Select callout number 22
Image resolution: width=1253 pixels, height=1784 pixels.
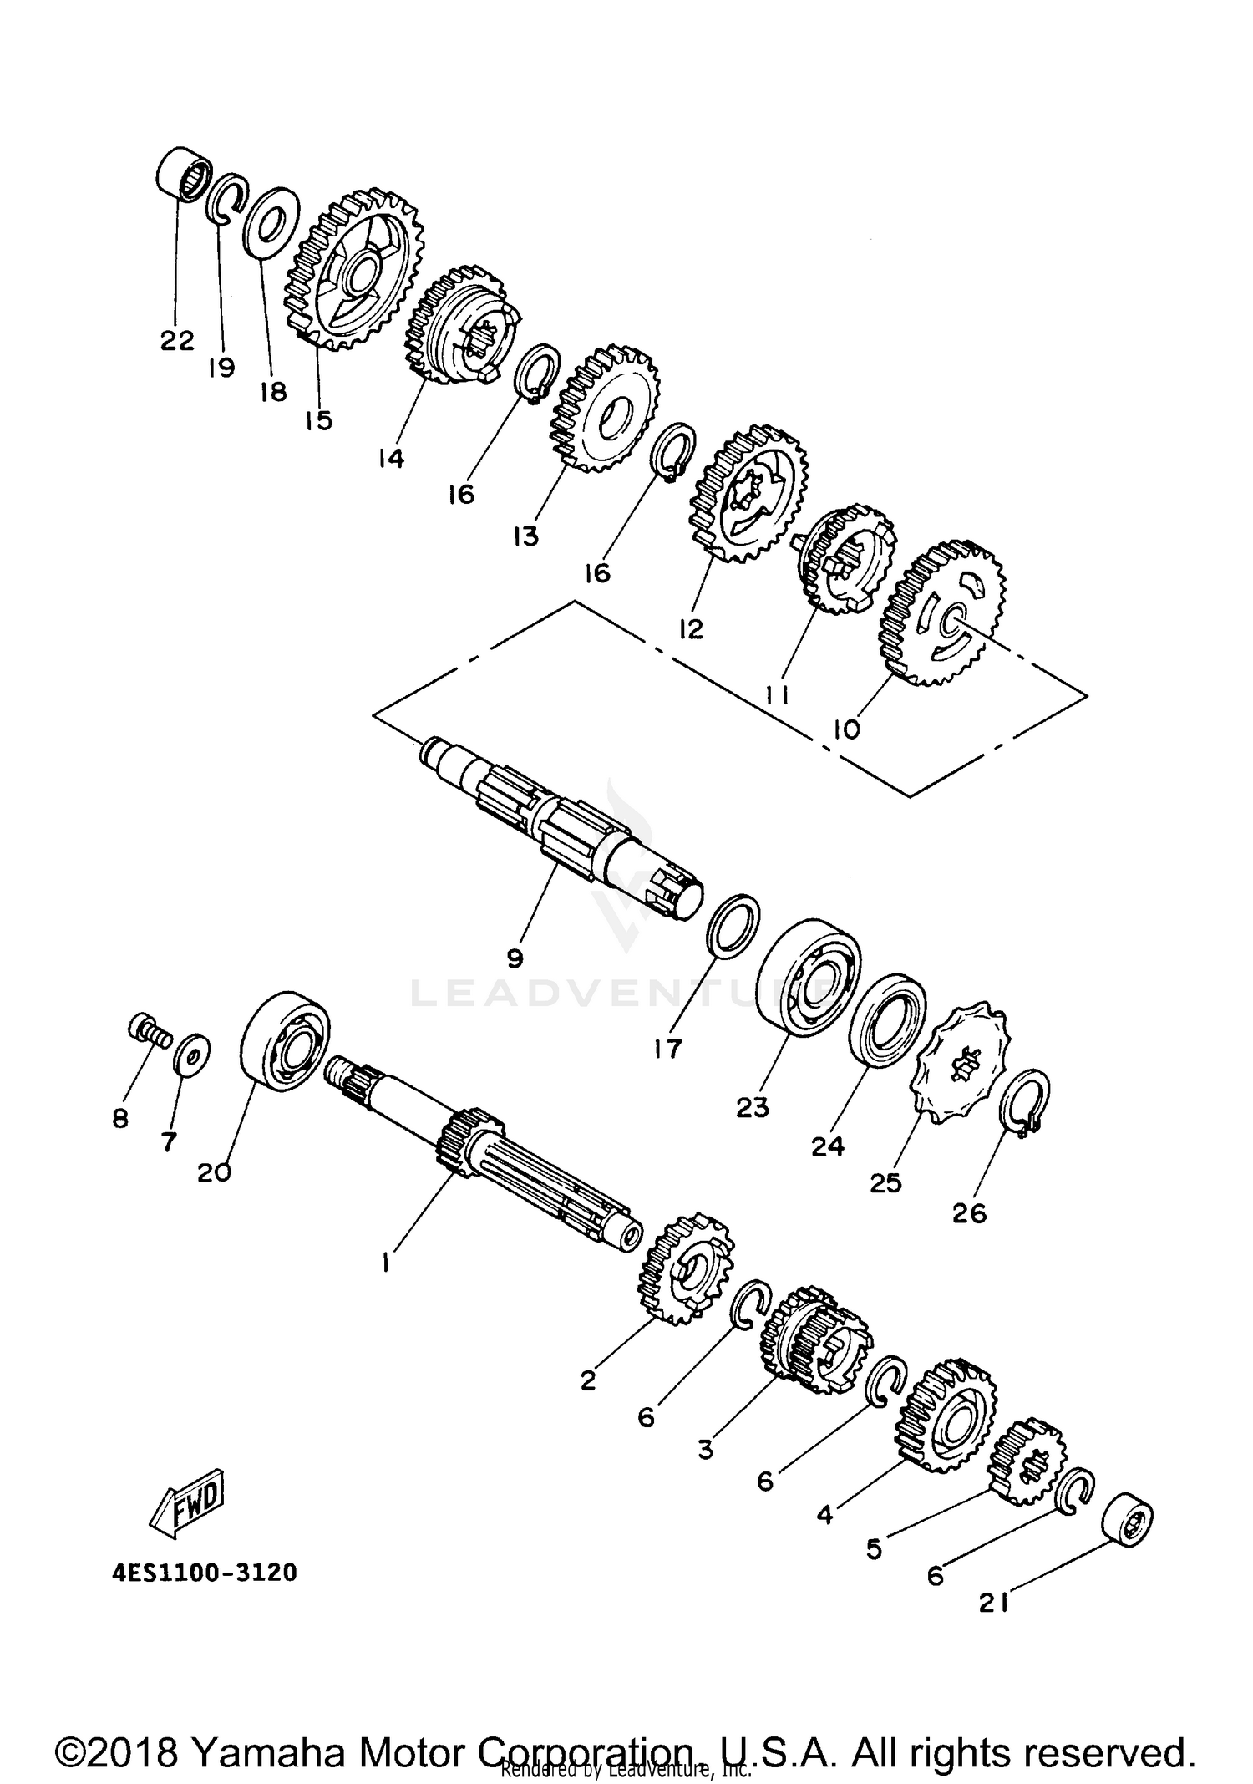[x=177, y=340]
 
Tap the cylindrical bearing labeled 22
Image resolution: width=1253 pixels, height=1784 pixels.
[x=183, y=173]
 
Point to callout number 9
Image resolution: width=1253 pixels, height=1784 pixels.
[x=515, y=958]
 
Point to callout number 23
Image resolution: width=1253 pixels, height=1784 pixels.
[x=752, y=1107]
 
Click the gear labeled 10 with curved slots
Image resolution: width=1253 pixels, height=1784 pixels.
[x=944, y=612]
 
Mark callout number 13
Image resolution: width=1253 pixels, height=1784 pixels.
[x=525, y=536]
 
